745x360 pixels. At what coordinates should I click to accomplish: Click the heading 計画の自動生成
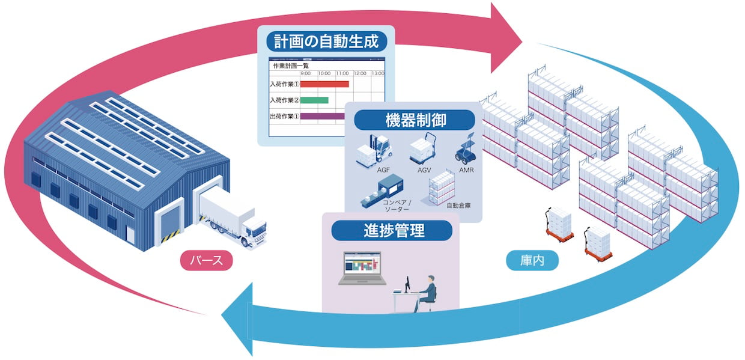327,41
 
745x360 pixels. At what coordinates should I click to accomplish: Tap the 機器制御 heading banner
415,120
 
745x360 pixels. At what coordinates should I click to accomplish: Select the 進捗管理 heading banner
392,230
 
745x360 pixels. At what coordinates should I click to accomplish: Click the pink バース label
206,260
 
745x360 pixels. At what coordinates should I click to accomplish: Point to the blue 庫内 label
532,260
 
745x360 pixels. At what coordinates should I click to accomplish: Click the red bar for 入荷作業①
324,84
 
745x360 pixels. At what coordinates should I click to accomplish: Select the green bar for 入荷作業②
314,100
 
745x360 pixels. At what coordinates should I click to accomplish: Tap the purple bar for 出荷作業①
323,116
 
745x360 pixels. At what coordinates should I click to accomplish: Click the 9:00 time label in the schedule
305,73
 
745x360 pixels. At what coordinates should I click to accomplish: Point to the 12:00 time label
360,73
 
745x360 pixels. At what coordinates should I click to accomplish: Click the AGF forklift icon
374,151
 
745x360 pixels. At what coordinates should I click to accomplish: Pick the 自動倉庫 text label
458,206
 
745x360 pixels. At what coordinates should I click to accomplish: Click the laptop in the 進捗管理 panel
362,268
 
